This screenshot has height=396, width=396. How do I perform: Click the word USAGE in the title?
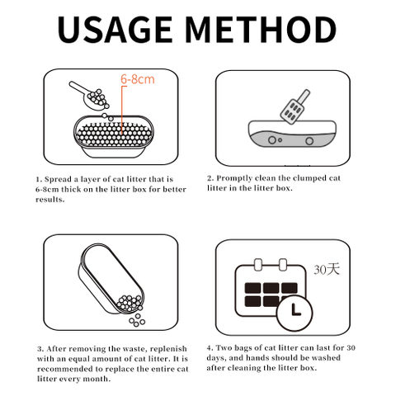coord(115,30)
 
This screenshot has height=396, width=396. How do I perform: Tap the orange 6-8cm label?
coord(138,79)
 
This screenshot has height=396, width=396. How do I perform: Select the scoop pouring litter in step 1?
coord(90,96)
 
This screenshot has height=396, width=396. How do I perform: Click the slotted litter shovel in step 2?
coord(295,106)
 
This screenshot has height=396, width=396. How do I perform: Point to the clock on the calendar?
coord(295,313)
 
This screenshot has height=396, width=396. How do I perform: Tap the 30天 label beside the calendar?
coord(327,269)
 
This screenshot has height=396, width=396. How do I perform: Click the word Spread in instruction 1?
coord(58,179)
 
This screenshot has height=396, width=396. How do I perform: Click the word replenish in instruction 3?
coord(168,349)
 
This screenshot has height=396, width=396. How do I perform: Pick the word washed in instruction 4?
coord(326,358)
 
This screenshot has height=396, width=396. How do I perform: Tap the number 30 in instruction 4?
coord(351,348)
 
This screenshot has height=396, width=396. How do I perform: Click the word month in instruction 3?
coord(96,379)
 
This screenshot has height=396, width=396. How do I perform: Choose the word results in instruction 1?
coord(49,200)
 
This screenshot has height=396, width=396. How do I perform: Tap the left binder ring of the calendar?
coord(257,265)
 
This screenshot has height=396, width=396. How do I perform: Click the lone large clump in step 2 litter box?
coord(309,141)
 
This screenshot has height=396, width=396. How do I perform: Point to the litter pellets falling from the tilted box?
coord(137,321)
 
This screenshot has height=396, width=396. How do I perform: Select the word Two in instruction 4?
coord(224,348)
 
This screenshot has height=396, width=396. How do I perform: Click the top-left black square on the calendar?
coord(252,288)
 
